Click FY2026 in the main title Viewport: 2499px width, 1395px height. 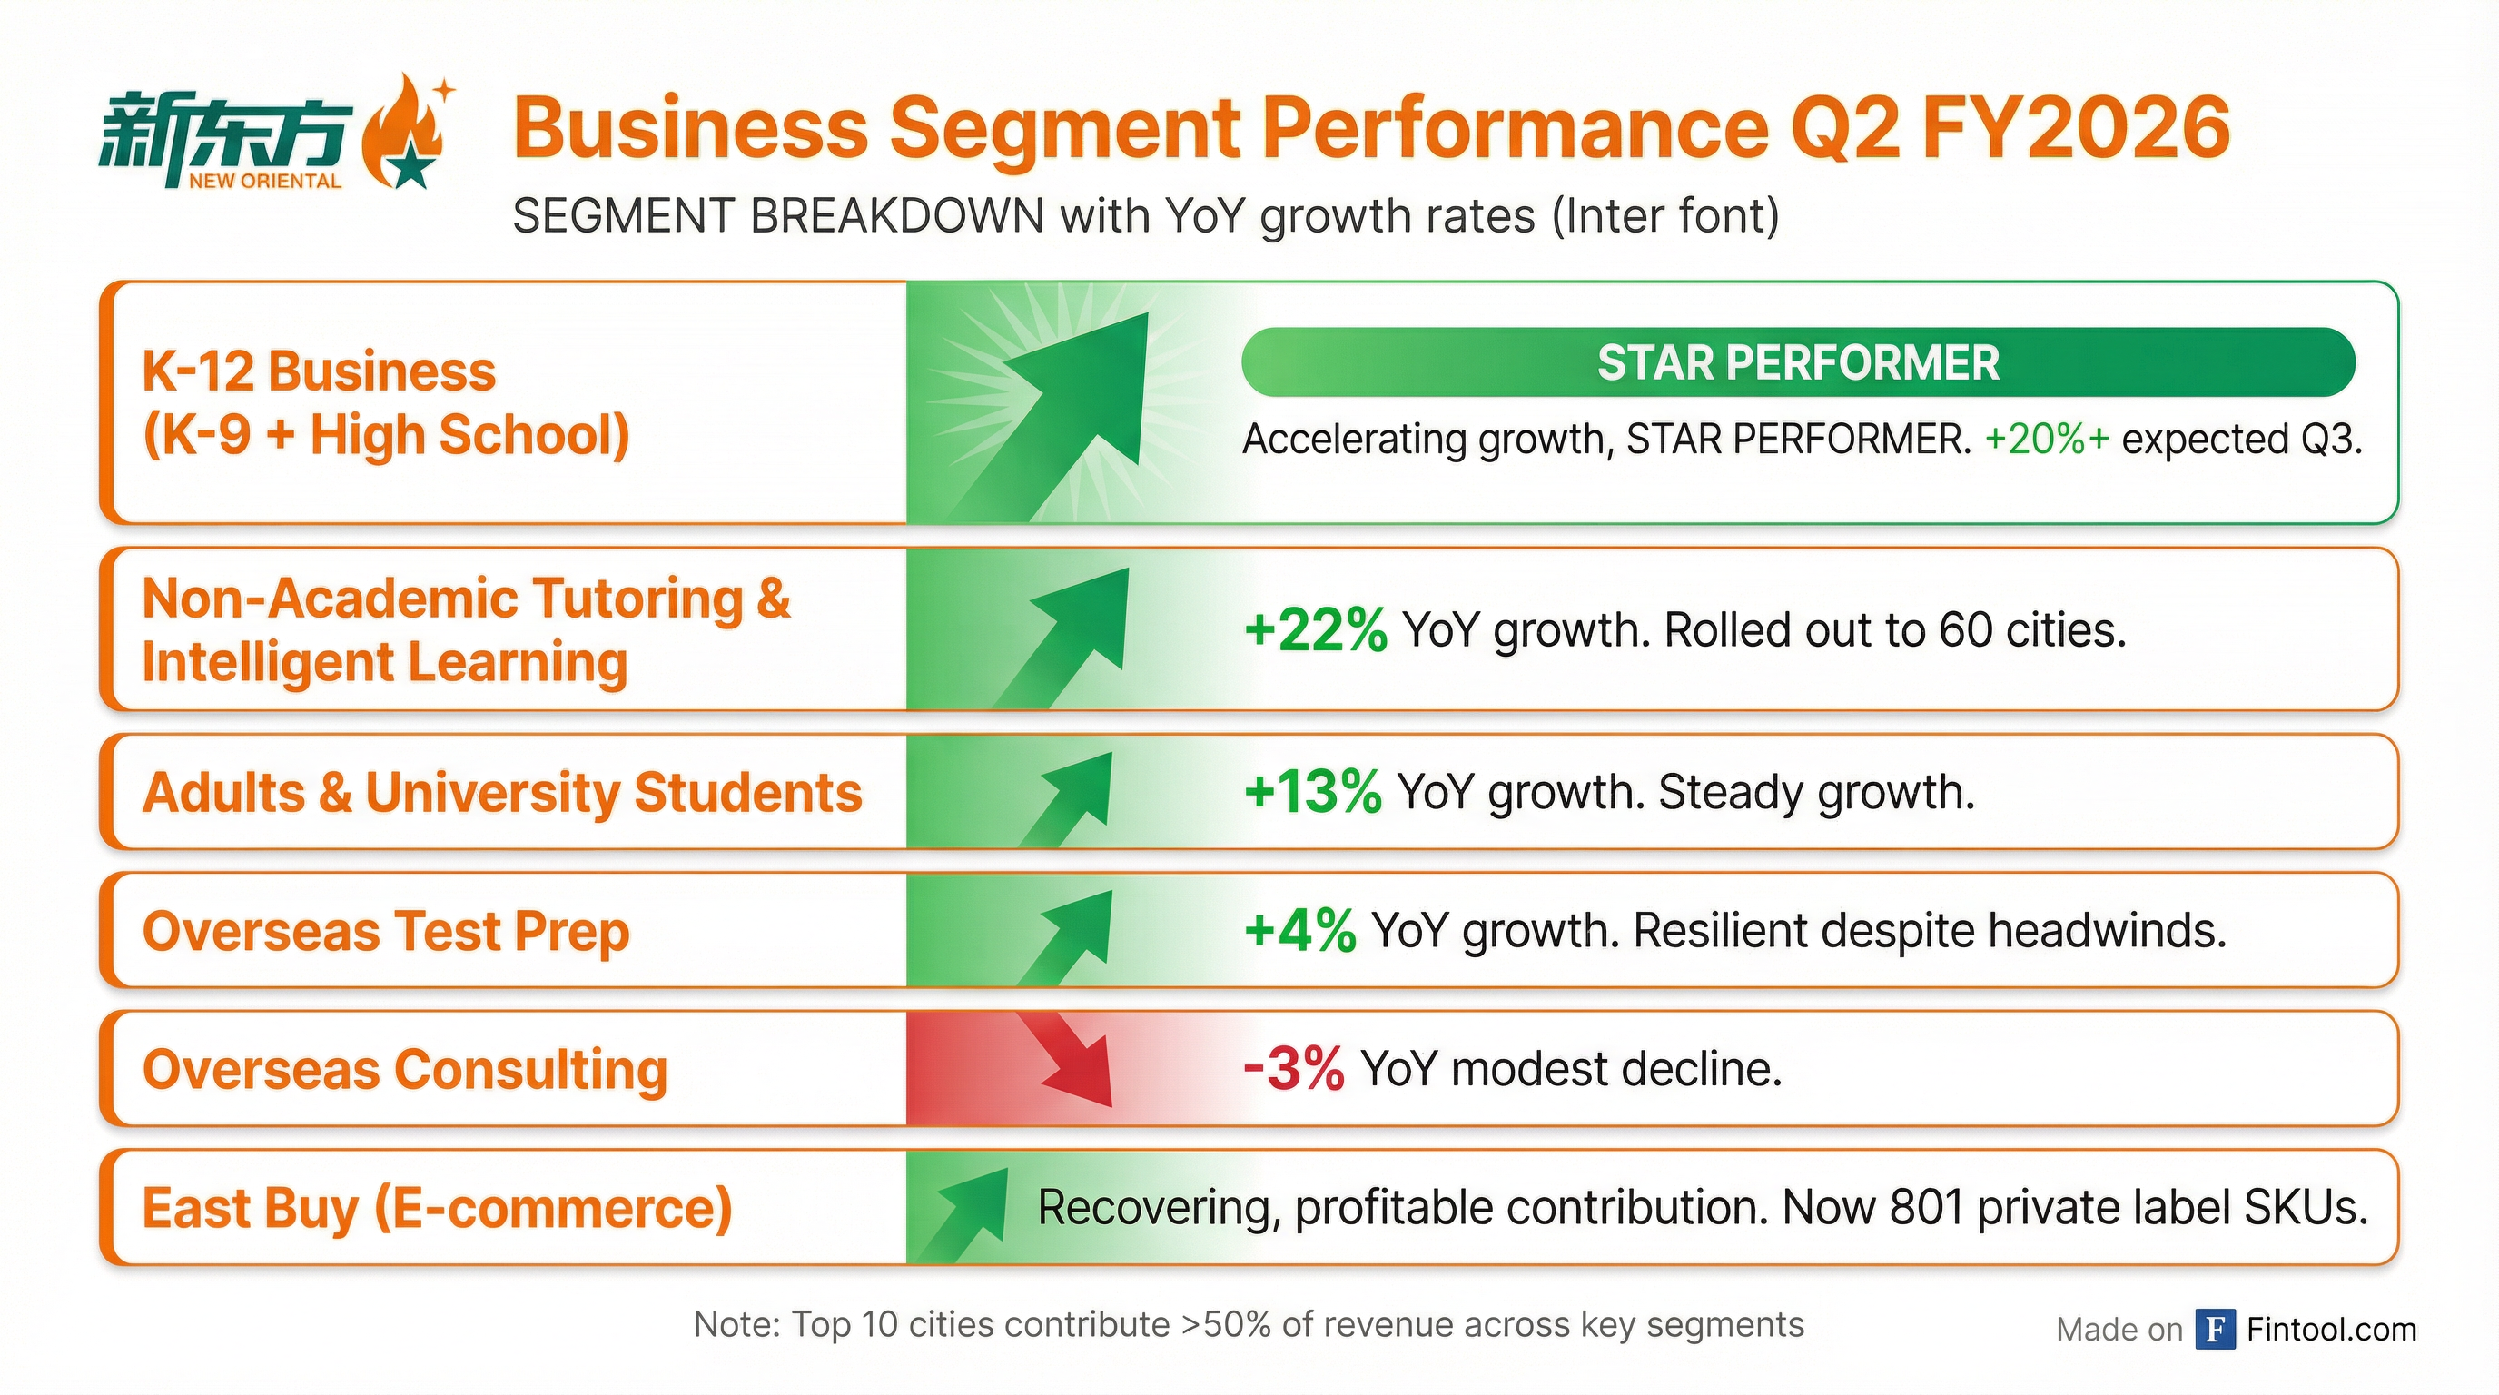point(2075,128)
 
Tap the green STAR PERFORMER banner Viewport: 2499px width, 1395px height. point(1797,362)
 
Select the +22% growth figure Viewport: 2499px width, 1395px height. point(1315,629)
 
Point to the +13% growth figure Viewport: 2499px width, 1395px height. point(1311,792)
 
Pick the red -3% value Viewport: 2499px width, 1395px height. point(1293,1069)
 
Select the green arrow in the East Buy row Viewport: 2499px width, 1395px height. point(965,1212)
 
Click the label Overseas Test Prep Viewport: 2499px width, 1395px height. point(386,931)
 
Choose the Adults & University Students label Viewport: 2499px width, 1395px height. point(501,793)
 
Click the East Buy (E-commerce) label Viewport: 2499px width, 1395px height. point(437,1209)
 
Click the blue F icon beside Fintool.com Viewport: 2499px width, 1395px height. point(2216,1328)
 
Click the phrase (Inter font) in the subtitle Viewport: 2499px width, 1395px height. point(1664,215)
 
